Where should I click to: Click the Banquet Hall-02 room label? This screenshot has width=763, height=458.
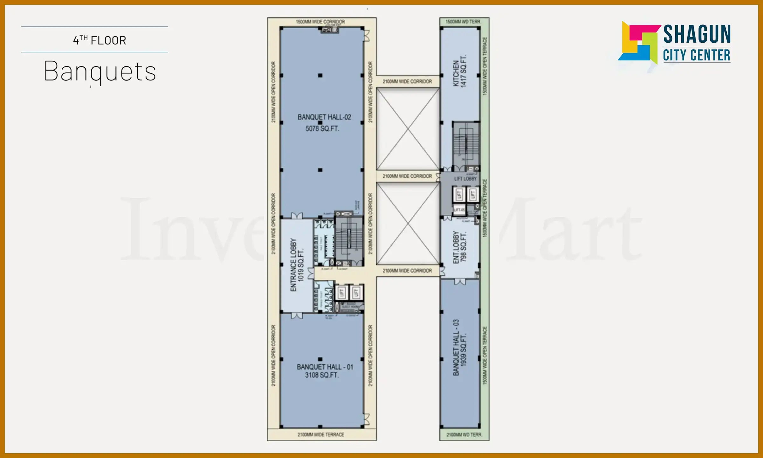click(324, 117)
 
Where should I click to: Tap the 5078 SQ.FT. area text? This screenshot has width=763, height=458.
click(322, 128)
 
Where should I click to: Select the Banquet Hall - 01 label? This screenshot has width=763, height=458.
click(325, 367)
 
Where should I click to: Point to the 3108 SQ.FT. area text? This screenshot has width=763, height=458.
click(322, 375)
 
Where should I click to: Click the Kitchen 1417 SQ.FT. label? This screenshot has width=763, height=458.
click(459, 71)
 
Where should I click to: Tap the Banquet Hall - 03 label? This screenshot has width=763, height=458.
click(459, 347)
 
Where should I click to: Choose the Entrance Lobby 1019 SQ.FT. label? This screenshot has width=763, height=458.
click(297, 265)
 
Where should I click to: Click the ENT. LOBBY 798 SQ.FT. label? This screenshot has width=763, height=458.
click(460, 247)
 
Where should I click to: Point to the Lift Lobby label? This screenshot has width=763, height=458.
click(465, 179)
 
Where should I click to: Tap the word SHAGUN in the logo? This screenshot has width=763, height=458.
click(697, 34)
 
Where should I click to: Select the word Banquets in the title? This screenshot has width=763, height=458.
click(100, 72)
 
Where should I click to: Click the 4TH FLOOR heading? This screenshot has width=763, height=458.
click(100, 40)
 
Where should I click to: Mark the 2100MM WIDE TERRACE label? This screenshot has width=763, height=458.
click(321, 434)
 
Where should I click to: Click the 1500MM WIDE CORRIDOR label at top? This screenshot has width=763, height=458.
click(320, 22)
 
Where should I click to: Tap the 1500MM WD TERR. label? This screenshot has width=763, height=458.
click(463, 22)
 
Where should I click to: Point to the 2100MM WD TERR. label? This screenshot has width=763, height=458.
click(464, 434)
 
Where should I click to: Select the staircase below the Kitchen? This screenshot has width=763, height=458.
click(466, 145)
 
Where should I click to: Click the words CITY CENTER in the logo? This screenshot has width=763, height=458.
click(696, 55)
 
